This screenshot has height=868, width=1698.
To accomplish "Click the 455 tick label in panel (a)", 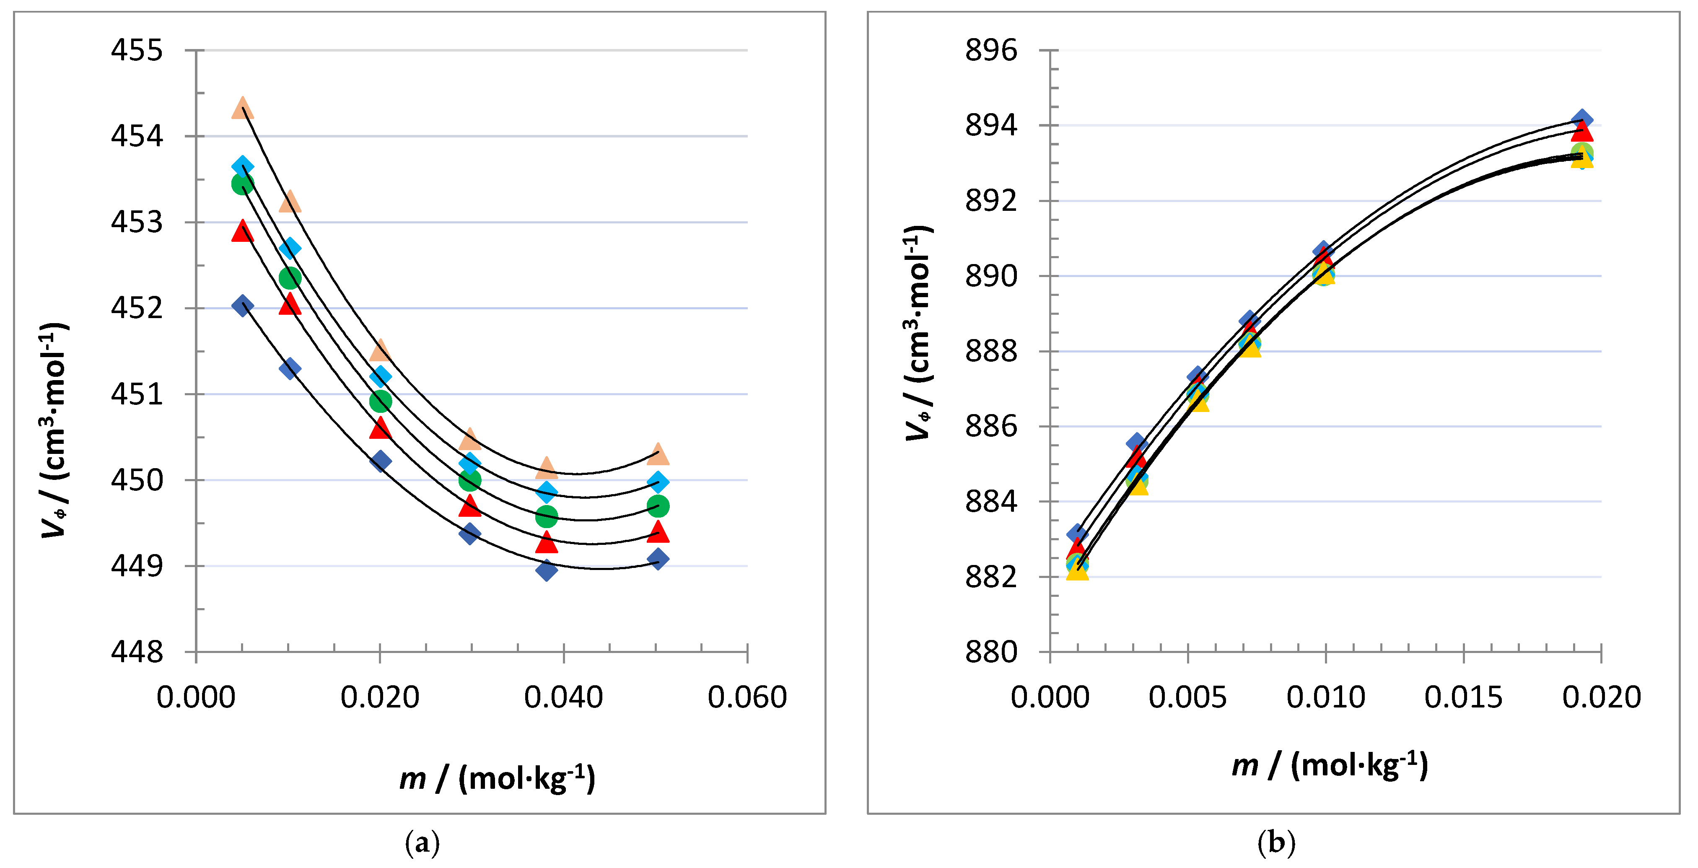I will click(x=137, y=51).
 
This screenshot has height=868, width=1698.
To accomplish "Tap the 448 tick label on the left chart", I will click(x=137, y=653).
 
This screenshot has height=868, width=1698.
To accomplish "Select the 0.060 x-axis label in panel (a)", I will click(x=747, y=697).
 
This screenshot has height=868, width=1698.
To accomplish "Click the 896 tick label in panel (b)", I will click(x=991, y=51).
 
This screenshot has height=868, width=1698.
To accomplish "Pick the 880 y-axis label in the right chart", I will click(x=991, y=653).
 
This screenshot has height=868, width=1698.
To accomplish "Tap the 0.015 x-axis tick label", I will click(x=1463, y=697).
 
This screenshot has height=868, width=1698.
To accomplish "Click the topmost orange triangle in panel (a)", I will click(x=243, y=107).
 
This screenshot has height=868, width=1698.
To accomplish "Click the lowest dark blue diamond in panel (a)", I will click(x=546, y=570).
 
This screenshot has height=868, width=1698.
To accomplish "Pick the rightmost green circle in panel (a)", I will click(x=658, y=506).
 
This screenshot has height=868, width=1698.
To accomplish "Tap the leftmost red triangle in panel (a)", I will click(x=243, y=231).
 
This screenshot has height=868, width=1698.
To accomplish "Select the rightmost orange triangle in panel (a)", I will click(x=658, y=454).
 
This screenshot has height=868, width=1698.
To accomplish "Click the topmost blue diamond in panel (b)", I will click(x=1581, y=121).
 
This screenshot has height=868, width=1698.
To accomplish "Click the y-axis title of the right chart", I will click(x=918, y=333).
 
